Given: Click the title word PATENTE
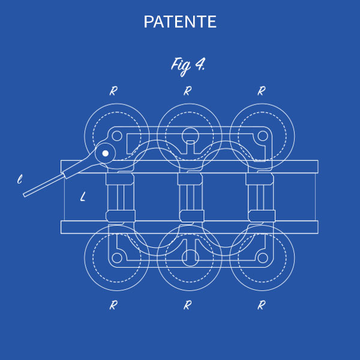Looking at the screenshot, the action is [180, 22].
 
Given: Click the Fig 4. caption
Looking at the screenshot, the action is [188, 66].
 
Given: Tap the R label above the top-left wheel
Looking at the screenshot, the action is [113, 91].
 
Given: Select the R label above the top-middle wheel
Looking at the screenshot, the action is [188, 91].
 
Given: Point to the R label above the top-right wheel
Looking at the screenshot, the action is [262, 91].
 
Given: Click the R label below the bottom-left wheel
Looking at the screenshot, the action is [113, 305].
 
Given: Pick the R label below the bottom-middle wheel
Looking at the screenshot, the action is [188, 305].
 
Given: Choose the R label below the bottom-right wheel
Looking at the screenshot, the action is [262, 305].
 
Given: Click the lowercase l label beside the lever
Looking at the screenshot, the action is [20, 179].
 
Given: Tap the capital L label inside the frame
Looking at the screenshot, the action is [83, 197].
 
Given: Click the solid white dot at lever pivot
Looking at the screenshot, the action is [106, 154].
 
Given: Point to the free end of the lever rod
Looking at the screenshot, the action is [25, 195].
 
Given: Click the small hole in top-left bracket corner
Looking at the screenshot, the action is [117, 136].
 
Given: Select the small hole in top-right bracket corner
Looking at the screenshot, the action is [263, 136].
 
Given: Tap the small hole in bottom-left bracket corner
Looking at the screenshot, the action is [117, 258].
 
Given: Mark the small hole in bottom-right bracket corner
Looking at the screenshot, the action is [263, 258].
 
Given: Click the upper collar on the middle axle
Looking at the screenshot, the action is [190, 179].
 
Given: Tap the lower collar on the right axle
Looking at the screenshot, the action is [262, 216].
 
